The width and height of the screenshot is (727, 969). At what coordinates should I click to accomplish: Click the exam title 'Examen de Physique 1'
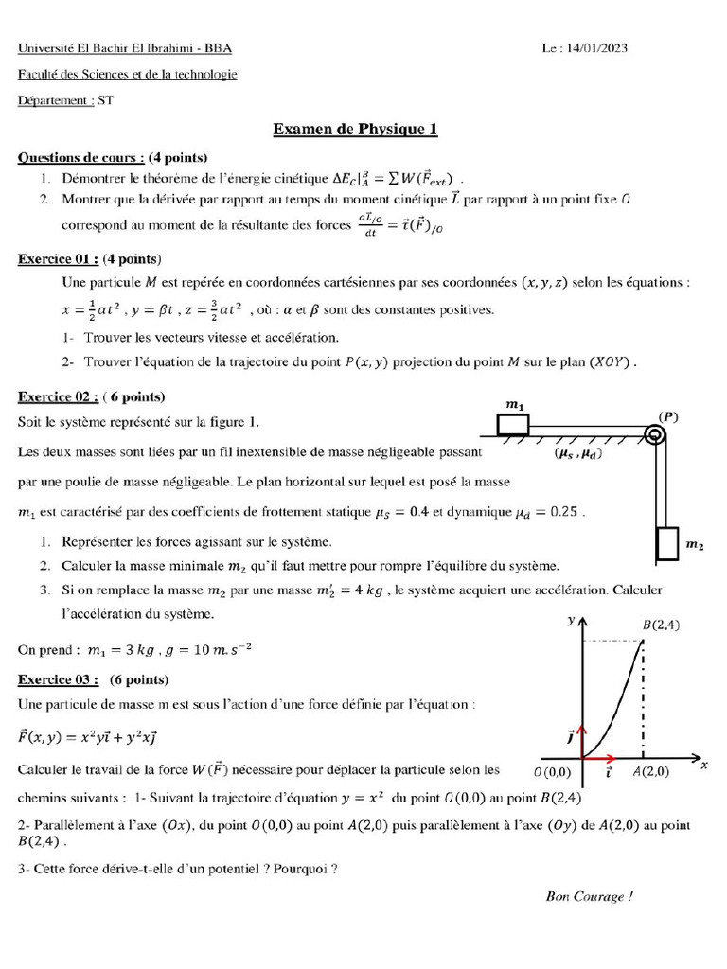pyautogui.click(x=355, y=130)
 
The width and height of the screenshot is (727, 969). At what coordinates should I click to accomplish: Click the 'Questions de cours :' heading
pyautogui.click(x=81, y=157)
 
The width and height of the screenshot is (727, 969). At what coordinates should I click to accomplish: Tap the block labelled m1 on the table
pyautogui.click(x=514, y=423)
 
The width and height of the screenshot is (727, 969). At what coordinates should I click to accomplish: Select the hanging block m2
pyautogui.click(x=666, y=544)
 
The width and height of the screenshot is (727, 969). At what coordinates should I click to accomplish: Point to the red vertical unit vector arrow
pyautogui.click(x=582, y=737)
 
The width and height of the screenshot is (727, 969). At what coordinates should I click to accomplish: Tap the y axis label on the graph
pyautogui.click(x=570, y=620)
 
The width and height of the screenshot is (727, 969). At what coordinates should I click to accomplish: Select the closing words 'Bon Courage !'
pyautogui.click(x=589, y=896)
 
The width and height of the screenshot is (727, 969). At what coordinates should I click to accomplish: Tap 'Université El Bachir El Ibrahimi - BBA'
pyautogui.click(x=125, y=48)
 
